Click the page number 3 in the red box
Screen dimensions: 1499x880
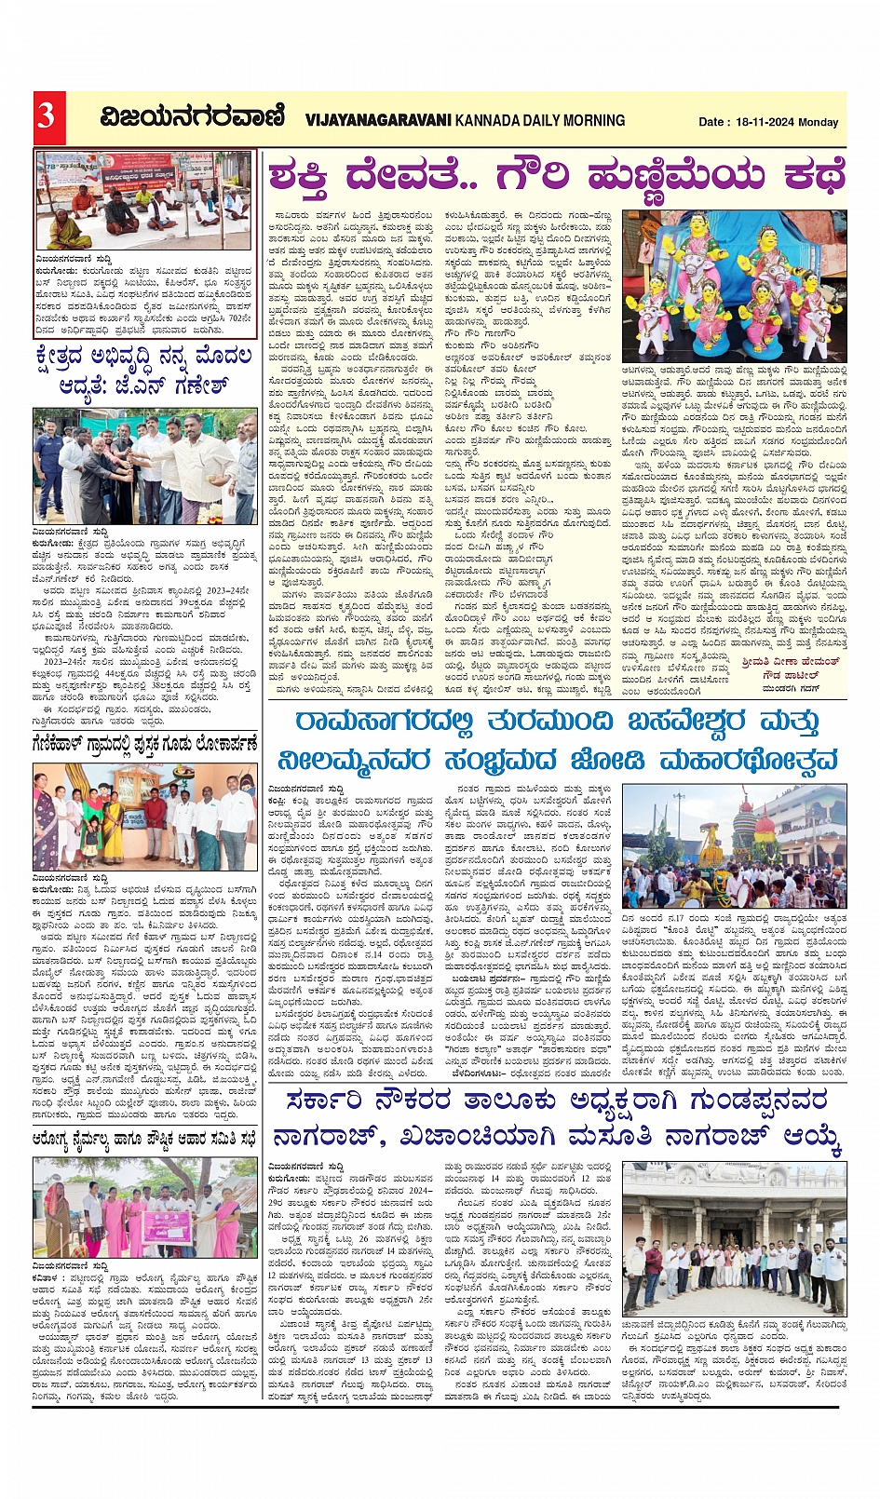[x=47, y=116]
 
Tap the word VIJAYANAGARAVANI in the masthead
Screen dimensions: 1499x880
[x=378, y=120]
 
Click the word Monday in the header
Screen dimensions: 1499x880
[x=819, y=122]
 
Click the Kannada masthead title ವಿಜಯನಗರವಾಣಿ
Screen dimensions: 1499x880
[x=193, y=117]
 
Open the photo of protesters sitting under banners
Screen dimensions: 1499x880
[x=144, y=198]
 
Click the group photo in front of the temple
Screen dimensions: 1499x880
[x=734, y=1237]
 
